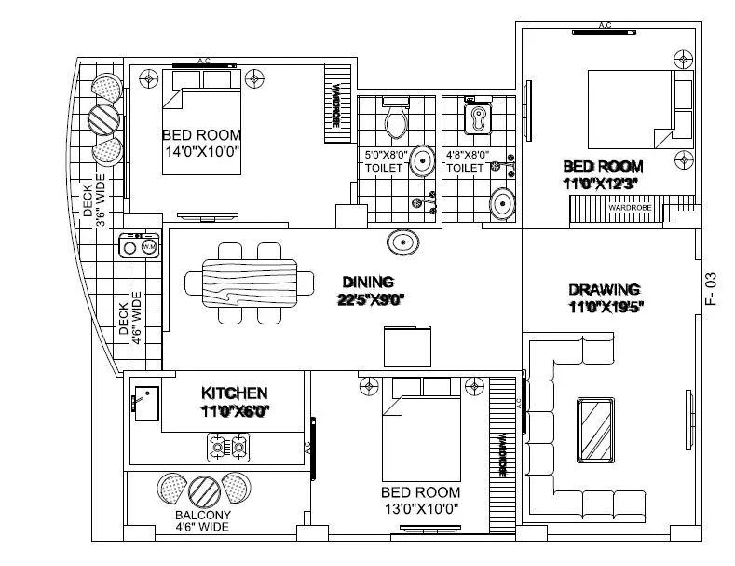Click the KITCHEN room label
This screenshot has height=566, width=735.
tap(235, 393)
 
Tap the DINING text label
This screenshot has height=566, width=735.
tap(368, 282)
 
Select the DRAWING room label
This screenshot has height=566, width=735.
tap(604, 289)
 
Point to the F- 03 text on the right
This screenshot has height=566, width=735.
tap(710, 289)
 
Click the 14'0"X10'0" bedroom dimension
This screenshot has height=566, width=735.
tap(201, 150)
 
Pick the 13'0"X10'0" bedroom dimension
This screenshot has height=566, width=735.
tap(420, 508)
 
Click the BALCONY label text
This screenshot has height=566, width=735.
tap(203, 514)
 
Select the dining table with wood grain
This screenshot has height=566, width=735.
tap(249, 283)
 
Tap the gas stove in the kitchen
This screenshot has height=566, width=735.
tap(229, 449)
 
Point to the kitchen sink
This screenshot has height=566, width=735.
tap(144, 401)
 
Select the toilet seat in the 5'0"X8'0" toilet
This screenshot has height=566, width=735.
tap(395, 118)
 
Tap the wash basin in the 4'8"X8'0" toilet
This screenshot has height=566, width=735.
tap(502, 202)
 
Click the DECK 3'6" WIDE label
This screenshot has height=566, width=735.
tap(96, 199)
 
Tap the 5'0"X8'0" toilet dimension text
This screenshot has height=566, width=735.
tap(384, 155)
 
